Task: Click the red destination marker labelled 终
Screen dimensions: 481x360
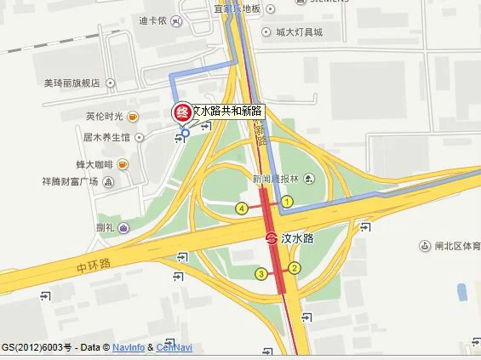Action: tap(181, 112)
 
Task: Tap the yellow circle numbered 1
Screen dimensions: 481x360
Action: tap(288, 202)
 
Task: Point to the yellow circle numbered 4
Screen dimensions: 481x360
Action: tap(243, 209)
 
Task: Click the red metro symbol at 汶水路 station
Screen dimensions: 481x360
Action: tap(272, 238)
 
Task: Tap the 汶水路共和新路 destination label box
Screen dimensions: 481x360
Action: tap(227, 111)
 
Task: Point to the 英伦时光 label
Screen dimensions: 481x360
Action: tap(104, 117)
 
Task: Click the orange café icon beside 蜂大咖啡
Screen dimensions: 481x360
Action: tap(123, 163)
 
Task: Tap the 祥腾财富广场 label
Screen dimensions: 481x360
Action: tap(71, 181)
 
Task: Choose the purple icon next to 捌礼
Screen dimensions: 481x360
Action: tap(124, 227)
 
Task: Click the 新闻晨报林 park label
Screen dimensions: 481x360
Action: tap(275, 179)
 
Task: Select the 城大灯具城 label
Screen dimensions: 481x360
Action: tap(299, 33)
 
